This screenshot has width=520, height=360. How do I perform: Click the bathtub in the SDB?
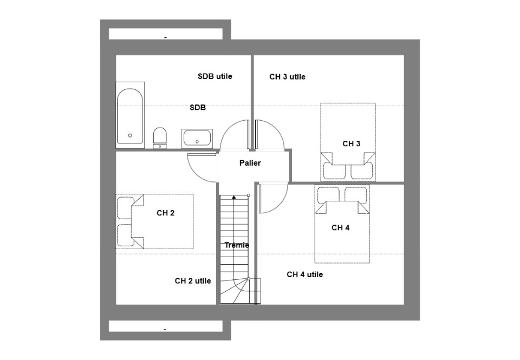pos(130,115)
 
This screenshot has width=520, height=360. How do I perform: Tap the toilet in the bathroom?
pos(160,138)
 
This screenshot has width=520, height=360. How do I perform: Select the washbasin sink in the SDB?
pos(197,138)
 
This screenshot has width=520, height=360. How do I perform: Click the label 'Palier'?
pos(250,163)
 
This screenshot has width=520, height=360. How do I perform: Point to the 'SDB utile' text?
pos(215,76)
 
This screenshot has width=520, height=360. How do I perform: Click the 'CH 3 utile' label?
pos(287,77)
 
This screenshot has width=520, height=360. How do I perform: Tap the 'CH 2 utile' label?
pos(193,281)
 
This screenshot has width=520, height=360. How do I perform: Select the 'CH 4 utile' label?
pos(305,274)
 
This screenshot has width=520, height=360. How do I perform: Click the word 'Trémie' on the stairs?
pos(237,245)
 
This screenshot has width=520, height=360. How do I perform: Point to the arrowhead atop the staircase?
pos(234,197)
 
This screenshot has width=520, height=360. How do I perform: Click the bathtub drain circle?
pos(130,135)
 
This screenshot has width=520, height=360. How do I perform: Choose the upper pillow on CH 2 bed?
pos(125,208)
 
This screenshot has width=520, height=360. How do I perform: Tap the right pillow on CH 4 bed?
pos(356,194)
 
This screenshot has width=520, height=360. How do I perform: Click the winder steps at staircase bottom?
pos(239,291)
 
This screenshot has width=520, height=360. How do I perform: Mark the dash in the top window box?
pos(166,38)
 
